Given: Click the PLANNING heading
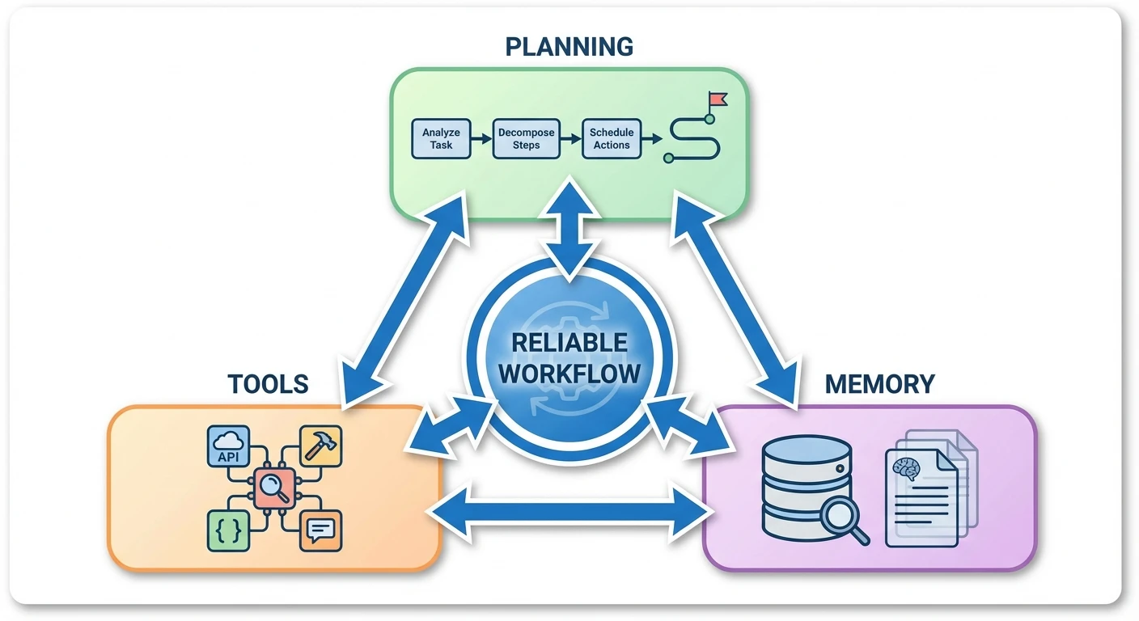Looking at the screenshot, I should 569,46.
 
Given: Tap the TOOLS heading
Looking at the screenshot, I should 268,383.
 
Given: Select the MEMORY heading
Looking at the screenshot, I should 879,383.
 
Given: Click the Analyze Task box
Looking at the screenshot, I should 442,138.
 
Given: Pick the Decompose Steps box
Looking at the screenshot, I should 526,138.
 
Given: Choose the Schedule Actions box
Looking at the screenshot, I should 612,138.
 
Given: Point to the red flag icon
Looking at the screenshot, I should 717,100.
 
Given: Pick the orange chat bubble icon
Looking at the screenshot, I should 320,530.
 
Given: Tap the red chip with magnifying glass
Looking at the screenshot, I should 274,488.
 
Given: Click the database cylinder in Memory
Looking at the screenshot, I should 807,485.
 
